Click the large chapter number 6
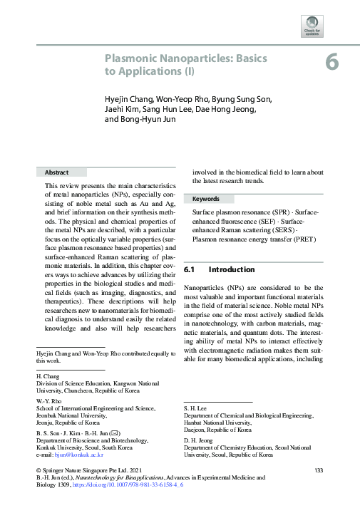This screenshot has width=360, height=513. [x=332, y=62]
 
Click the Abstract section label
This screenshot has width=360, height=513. [x=56, y=172]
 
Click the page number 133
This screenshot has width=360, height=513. [x=319, y=470]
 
